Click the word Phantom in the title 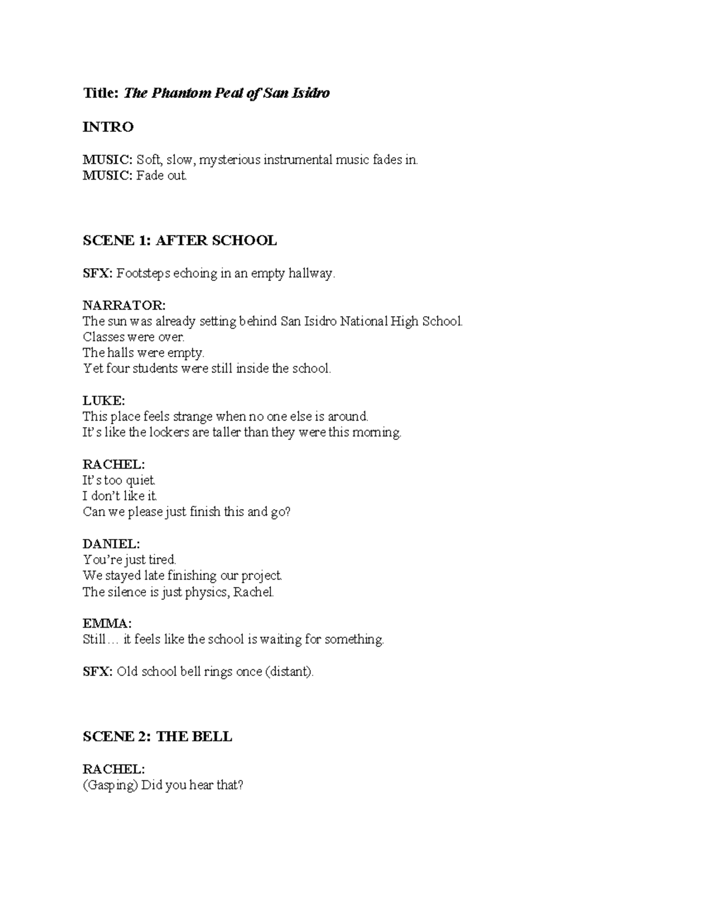pos(175,93)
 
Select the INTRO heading pos(108,127)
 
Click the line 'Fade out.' pos(161,175)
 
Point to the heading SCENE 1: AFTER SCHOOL pos(180,241)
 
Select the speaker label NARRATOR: pos(124,305)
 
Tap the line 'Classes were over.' pos(134,337)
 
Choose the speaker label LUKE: pos(104,401)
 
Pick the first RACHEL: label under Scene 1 pos(113,464)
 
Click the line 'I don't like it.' pos(120,496)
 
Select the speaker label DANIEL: pos(111,544)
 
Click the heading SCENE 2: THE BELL pos(157,737)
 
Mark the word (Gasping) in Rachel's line pos(110,785)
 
